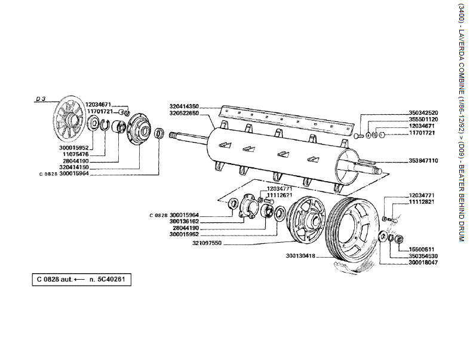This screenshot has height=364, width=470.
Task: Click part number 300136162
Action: (x=185, y=221)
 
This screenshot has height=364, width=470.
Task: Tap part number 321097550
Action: (x=207, y=243)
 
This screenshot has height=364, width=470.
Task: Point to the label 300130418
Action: (x=300, y=256)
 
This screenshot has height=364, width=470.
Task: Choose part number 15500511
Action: (x=422, y=249)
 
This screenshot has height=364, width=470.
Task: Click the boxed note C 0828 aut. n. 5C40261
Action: (x=81, y=279)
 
